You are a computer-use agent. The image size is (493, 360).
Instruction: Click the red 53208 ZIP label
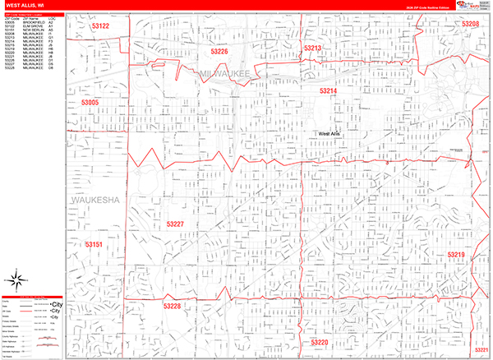click(470, 25)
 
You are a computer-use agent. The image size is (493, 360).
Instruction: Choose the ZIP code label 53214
click(329, 90)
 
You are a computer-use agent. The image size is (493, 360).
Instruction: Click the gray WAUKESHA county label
click(95, 200)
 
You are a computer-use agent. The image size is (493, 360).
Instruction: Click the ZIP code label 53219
click(457, 255)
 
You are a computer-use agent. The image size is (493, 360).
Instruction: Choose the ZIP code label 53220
click(320, 341)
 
